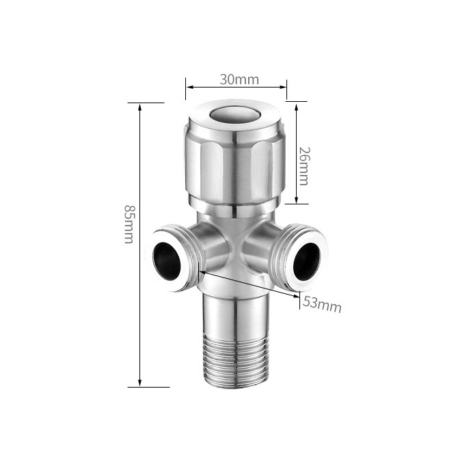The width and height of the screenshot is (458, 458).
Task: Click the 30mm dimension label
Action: point(239,79)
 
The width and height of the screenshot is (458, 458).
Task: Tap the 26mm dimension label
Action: point(304,166)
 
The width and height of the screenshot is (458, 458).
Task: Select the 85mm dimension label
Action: point(129,224)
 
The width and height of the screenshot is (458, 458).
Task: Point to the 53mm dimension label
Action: point(321,304)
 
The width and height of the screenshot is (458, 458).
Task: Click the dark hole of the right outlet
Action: point(307,261)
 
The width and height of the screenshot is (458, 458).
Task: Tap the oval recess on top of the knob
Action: point(235,114)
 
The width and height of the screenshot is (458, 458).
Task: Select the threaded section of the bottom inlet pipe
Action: point(235,360)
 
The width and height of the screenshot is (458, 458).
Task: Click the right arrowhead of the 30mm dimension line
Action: point(282,87)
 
